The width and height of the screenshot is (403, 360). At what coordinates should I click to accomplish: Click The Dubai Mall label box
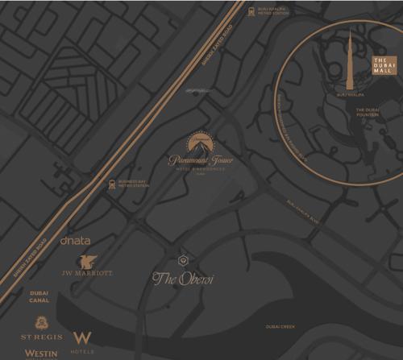pyautogui.click(x=384, y=66)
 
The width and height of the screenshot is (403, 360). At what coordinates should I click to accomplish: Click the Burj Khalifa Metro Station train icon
pyautogui.click(x=251, y=11)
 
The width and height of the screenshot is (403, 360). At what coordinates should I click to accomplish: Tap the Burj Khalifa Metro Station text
pyautogui.click(x=273, y=11)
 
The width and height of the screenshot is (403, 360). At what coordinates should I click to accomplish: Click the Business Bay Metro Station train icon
pyautogui.click(x=111, y=184)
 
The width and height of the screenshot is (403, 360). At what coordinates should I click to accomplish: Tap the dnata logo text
pyautogui.click(x=75, y=240)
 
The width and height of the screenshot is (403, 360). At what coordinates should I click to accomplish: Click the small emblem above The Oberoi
pyautogui.click(x=182, y=260)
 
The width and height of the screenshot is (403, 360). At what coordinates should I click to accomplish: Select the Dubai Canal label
pyautogui.click(x=39, y=296)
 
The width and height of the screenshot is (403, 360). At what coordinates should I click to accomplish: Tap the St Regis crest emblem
pyautogui.click(x=40, y=320)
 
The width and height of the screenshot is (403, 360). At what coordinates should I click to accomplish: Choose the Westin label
pyautogui.click(x=41, y=353)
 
